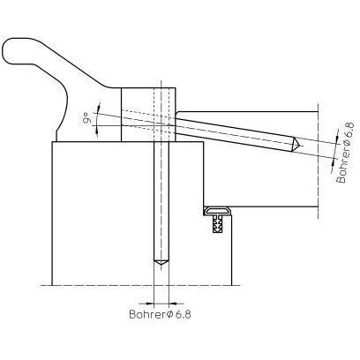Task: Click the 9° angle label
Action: pos(86,120)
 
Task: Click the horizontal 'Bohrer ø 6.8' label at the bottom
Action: pos(160,314)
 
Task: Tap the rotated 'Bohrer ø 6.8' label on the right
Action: pos(345,153)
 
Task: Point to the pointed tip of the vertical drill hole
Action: pos(161,266)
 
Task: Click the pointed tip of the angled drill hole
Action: pos(300,145)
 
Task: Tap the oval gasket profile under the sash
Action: pos(218,211)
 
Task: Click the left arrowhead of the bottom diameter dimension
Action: pos(149,304)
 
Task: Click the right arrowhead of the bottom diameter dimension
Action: pos(174,304)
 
